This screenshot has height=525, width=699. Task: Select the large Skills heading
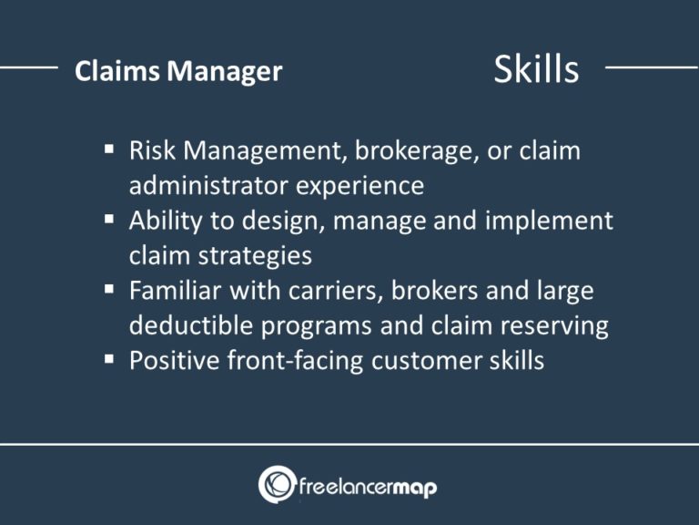(x=536, y=70)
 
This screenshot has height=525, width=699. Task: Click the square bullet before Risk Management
(x=110, y=149)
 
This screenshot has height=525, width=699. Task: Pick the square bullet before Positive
(x=110, y=360)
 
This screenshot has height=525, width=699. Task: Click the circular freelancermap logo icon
(x=277, y=485)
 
